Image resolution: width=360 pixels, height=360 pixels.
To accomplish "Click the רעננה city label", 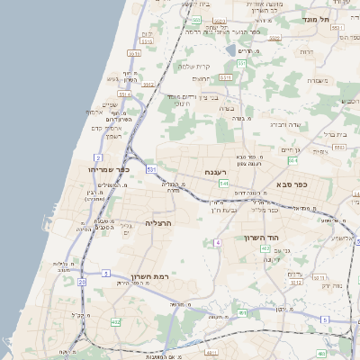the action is pos(216,172).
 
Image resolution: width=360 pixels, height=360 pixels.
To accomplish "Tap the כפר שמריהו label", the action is pos(110,169).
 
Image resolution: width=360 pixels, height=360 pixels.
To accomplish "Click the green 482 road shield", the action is pos(115,321).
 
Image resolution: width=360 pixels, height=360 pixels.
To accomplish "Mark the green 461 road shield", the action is pos(242,313).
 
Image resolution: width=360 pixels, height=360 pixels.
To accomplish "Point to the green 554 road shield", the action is pos(292,160).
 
